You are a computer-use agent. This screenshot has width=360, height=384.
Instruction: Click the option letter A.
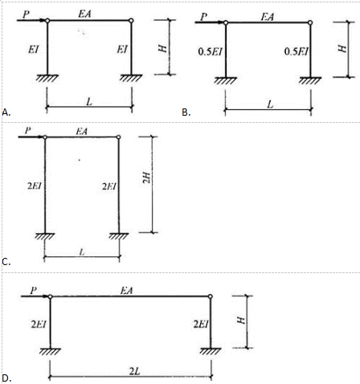6,112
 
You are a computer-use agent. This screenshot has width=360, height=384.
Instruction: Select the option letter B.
186,112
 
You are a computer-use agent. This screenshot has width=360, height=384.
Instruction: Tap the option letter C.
6,262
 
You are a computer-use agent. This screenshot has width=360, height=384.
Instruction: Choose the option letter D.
6,378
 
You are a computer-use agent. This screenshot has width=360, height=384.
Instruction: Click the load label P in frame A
26,14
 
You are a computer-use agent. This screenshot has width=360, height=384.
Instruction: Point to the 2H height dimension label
146,178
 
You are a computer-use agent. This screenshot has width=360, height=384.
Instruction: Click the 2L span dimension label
135,371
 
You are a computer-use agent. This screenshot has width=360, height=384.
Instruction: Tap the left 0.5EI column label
211,51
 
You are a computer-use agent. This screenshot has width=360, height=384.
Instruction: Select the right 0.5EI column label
297,51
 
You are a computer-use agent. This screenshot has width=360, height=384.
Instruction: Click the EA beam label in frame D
127,290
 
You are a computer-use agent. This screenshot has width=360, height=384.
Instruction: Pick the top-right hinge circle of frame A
131,20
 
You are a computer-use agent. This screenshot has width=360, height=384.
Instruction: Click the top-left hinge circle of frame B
226,22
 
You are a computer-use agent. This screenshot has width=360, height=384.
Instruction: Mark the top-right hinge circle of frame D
211,296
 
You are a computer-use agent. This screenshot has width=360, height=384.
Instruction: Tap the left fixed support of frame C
45,236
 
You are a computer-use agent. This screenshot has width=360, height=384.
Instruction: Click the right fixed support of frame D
211,351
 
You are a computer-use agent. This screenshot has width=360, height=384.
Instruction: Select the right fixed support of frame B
310,80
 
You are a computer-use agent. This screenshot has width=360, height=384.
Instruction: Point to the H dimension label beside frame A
162,48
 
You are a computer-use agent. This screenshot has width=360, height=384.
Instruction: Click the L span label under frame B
271,104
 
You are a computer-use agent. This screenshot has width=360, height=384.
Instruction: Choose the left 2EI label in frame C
35,186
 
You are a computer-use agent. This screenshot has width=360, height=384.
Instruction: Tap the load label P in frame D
33,291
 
